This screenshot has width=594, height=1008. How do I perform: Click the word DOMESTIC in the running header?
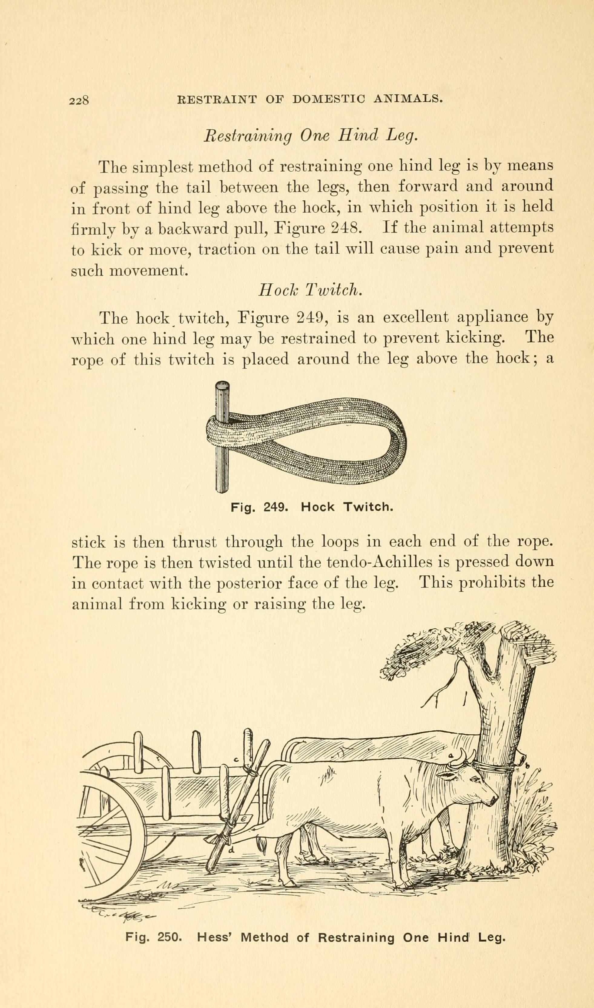point(327,99)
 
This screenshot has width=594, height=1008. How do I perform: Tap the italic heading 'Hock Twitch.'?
point(310,290)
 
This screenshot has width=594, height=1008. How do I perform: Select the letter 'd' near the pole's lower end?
point(231,852)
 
